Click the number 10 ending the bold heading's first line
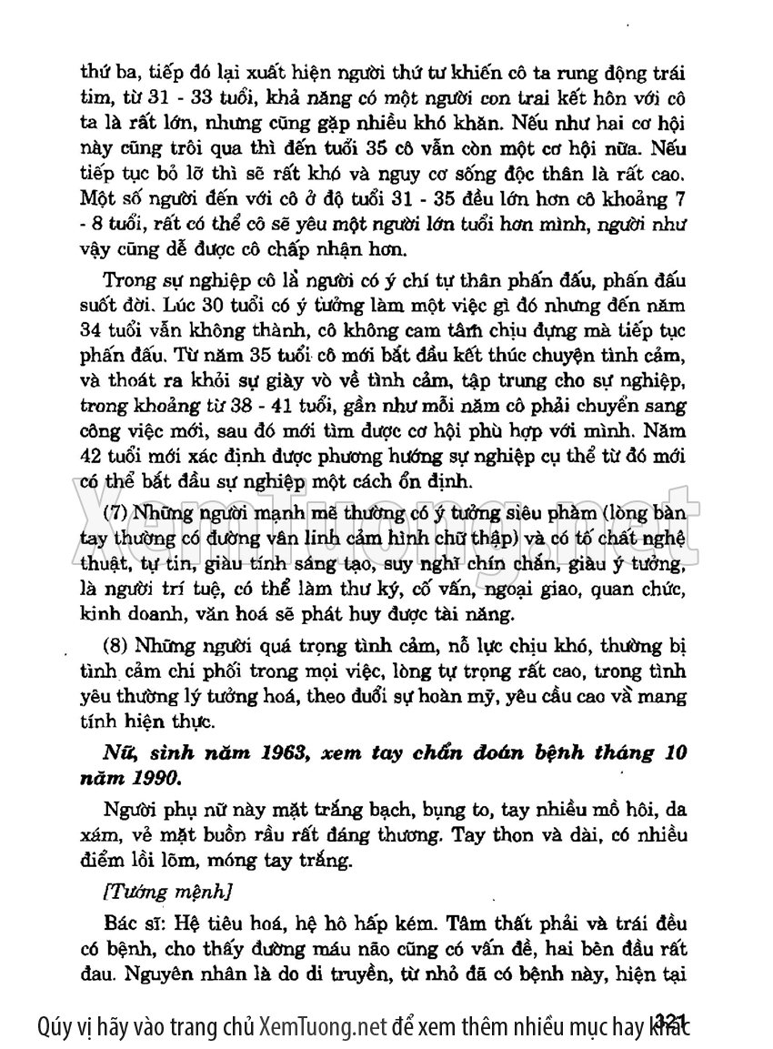673,754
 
